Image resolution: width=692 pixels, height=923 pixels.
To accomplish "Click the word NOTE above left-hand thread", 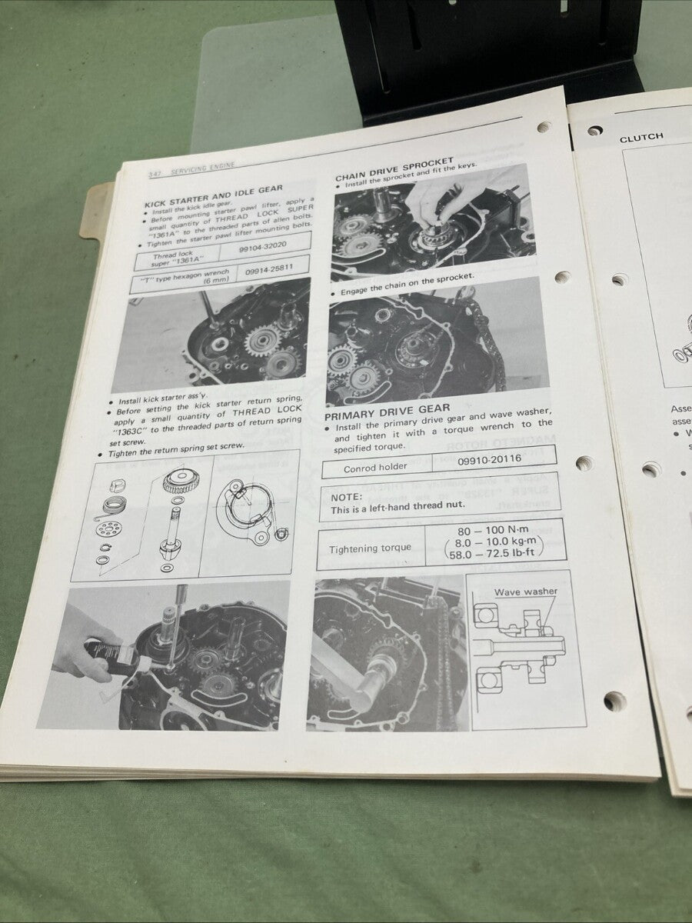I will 346,496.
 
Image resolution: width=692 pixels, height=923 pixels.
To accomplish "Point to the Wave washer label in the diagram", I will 525,591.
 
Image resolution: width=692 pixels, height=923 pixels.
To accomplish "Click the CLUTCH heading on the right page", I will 640,138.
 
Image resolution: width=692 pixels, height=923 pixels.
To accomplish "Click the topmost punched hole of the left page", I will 544,128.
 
